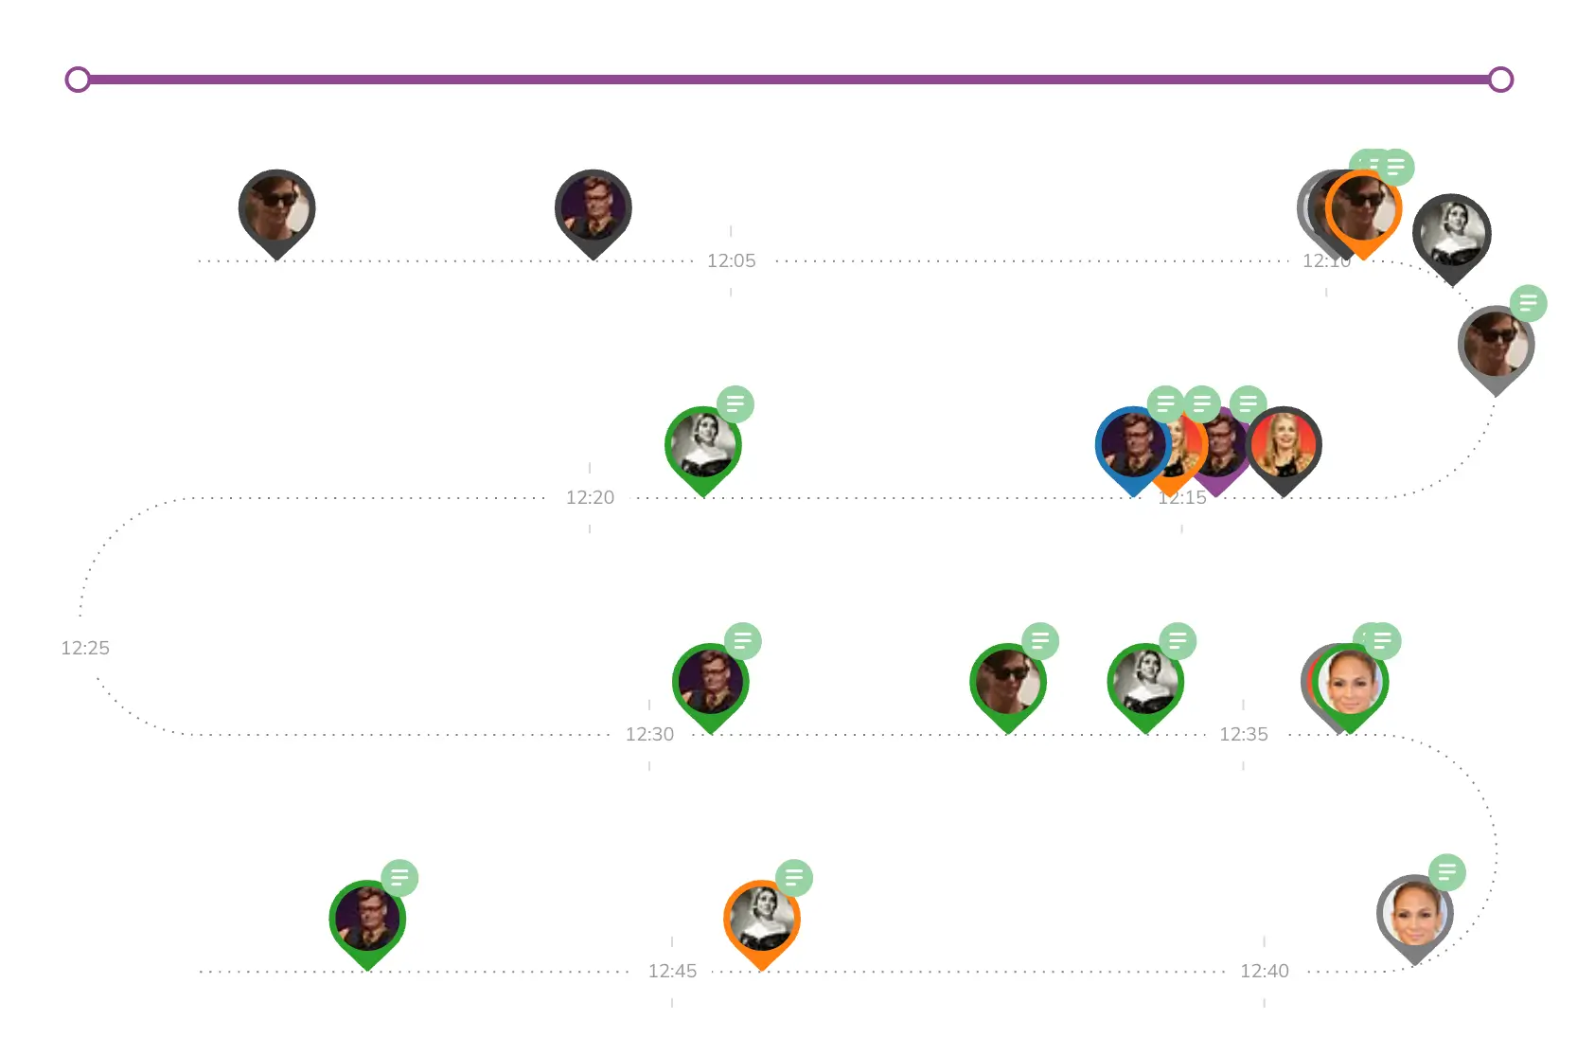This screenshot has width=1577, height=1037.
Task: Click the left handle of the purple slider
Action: pyautogui.click(x=78, y=80)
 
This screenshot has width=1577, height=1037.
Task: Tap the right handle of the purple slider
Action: pyautogui.click(x=1500, y=80)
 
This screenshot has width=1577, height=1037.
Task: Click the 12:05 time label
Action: pyautogui.click(x=731, y=260)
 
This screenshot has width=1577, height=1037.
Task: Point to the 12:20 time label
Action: pyautogui.click(x=590, y=497)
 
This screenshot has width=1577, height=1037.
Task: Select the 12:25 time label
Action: pyautogui.click(x=85, y=648)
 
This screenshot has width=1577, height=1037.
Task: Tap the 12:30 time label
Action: pyautogui.click(x=649, y=734)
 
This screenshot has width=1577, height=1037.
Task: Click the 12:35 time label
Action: pyautogui.click(x=1243, y=734)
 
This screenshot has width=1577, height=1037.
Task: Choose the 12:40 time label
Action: pyautogui.click(x=1264, y=971)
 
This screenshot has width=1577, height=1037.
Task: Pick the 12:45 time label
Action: pyautogui.click(x=672, y=971)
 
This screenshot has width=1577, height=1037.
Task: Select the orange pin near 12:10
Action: pyautogui.click(x=1363, y=210)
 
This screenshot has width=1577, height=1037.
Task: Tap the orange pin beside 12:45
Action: pyautogui.click(x=762, y=919)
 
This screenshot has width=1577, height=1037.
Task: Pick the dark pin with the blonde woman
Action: pyautogui.click(x=1284, y=445)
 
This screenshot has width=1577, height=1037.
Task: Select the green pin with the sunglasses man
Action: pyautogui.click(x=1008, y=682)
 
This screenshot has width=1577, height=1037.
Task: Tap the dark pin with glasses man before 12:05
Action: pyautogui.click(x=593, y=208)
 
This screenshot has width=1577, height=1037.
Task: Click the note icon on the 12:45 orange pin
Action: pyautogui.click(x=794, y=878)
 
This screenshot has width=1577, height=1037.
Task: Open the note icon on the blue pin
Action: pyautogui.click(x=1165, y=404)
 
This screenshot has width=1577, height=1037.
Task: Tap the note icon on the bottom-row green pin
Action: pyautogui.click(x=399, y=878)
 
